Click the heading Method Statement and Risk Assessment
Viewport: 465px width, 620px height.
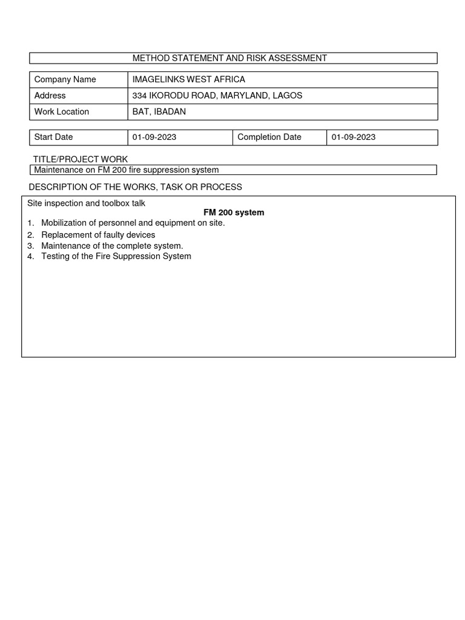[x=229, y=58]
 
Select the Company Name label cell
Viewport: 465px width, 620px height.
[x=65, y=79]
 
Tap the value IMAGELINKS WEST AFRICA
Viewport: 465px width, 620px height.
[x=189, y=79]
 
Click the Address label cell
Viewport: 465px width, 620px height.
[x=50, y=96]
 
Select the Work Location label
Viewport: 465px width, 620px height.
[x=62, y=111]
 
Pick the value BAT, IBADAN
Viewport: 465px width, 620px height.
[x=159, y=111]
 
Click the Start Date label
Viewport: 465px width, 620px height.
[x=53, y=137]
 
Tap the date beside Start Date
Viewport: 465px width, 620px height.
[x=154, y=137]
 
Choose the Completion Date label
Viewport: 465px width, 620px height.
[x=269, y=137]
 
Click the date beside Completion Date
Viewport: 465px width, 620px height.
[x=354, y=137]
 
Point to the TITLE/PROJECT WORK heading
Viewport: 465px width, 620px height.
[x=81, y=159]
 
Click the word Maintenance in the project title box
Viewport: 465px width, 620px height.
[x=59, y=170]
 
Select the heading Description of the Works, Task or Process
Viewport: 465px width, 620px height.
[x=135, y=187]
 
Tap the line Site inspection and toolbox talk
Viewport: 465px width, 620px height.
[x=86, y=203]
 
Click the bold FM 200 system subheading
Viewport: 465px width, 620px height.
[x=234, y=213]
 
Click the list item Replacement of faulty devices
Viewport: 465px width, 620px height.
[x=98, y=235]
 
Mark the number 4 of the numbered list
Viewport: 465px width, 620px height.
[x=30, y=256]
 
